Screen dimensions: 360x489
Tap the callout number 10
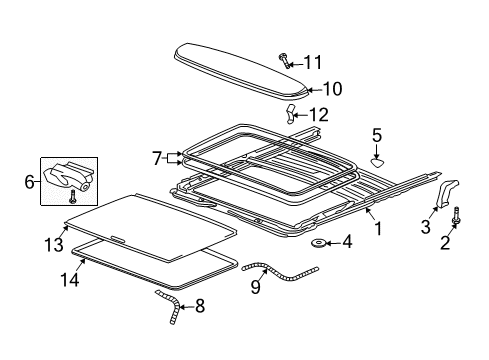pos(331,89)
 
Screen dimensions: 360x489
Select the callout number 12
pos(318,114)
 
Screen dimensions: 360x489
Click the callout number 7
pos(157,157)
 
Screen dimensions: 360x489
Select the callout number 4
pos(346,241)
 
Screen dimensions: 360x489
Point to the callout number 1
pos(377,227)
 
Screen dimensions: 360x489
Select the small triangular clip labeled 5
pos(377,156)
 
